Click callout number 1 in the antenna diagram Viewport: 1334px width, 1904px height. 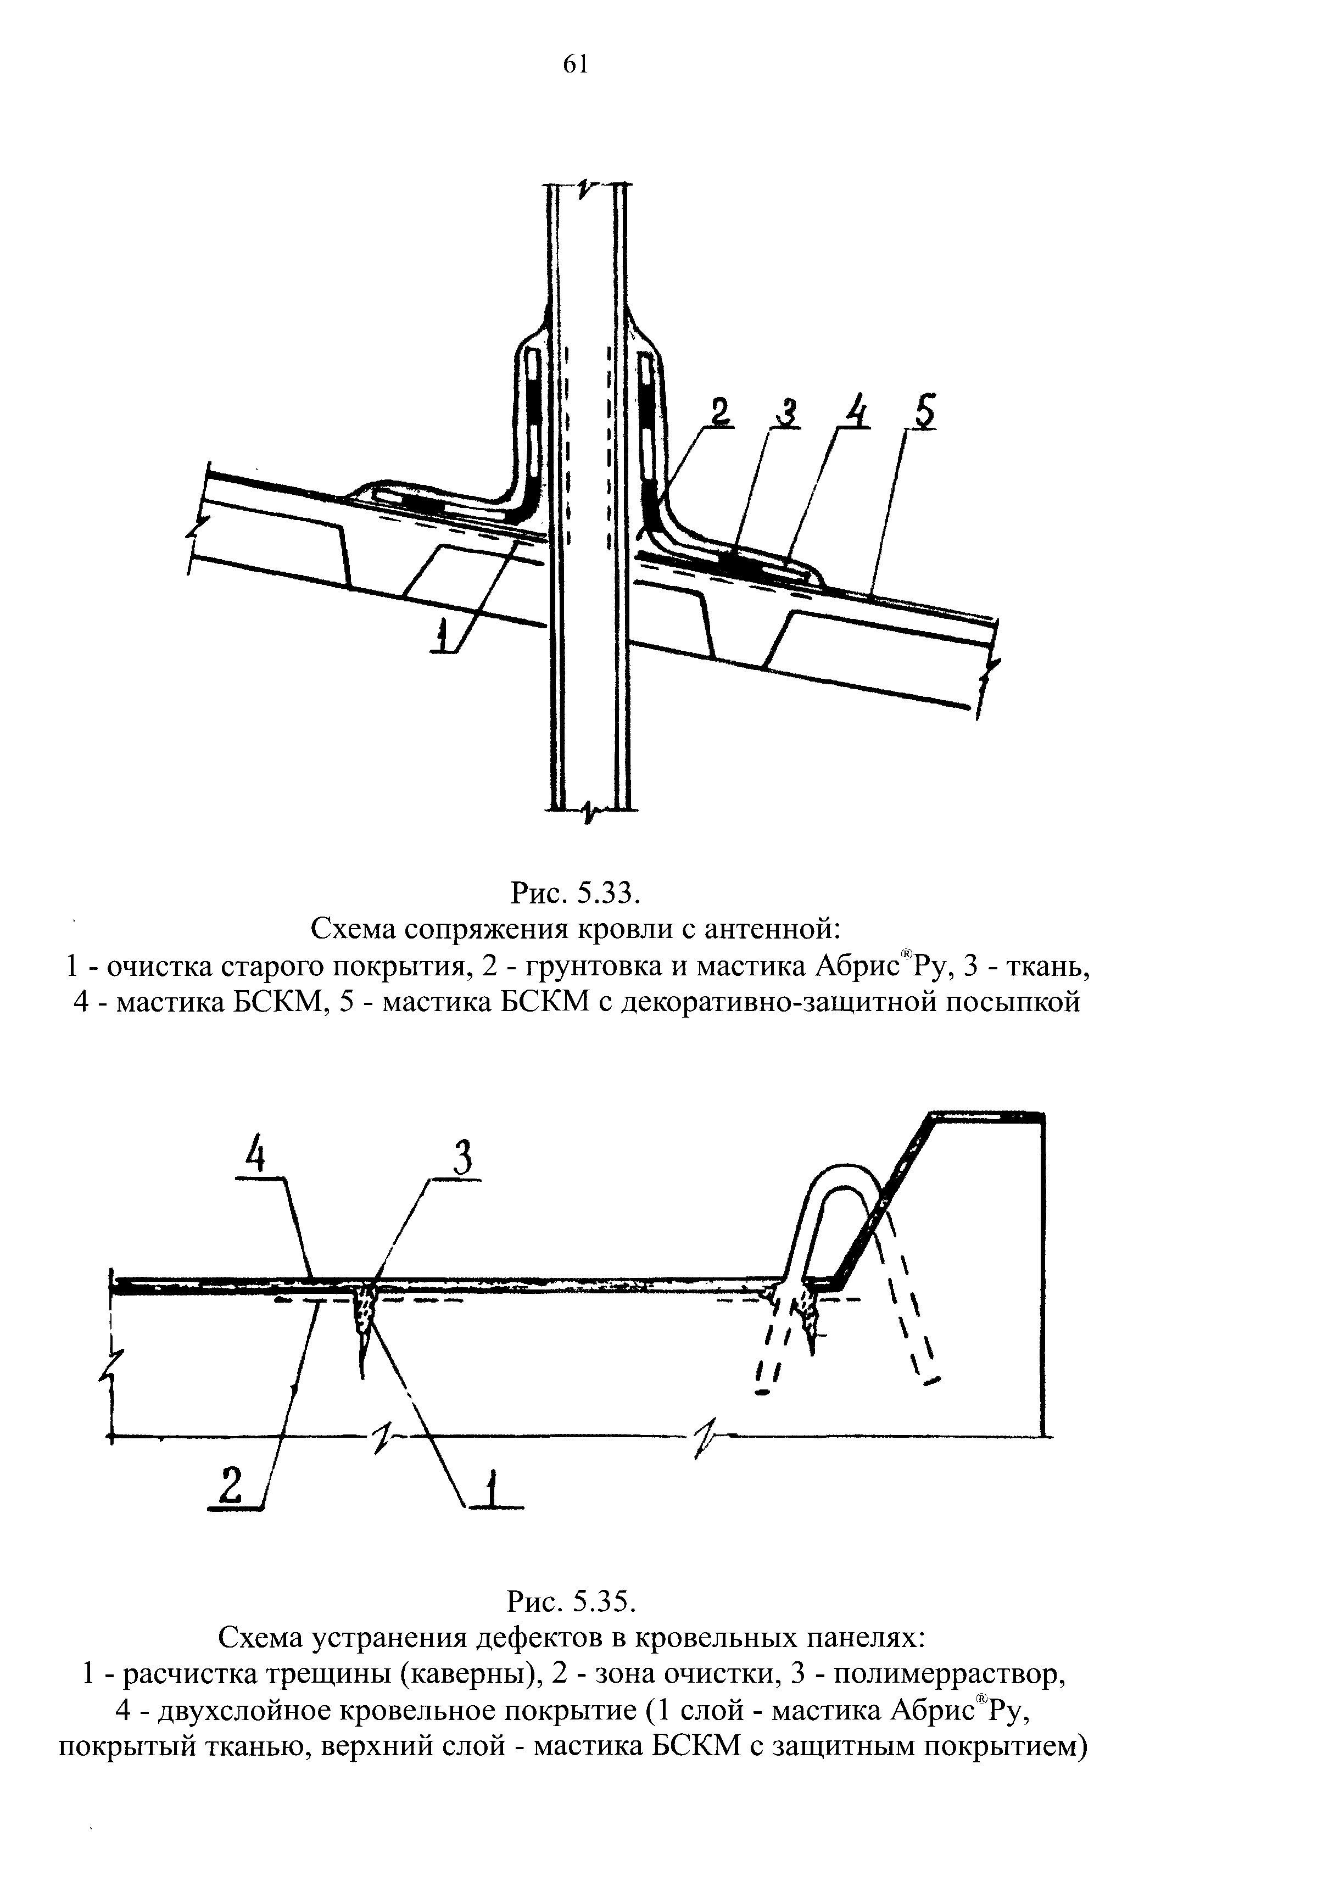coord(444,638)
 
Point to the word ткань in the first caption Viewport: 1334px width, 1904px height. coord(1040,966)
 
